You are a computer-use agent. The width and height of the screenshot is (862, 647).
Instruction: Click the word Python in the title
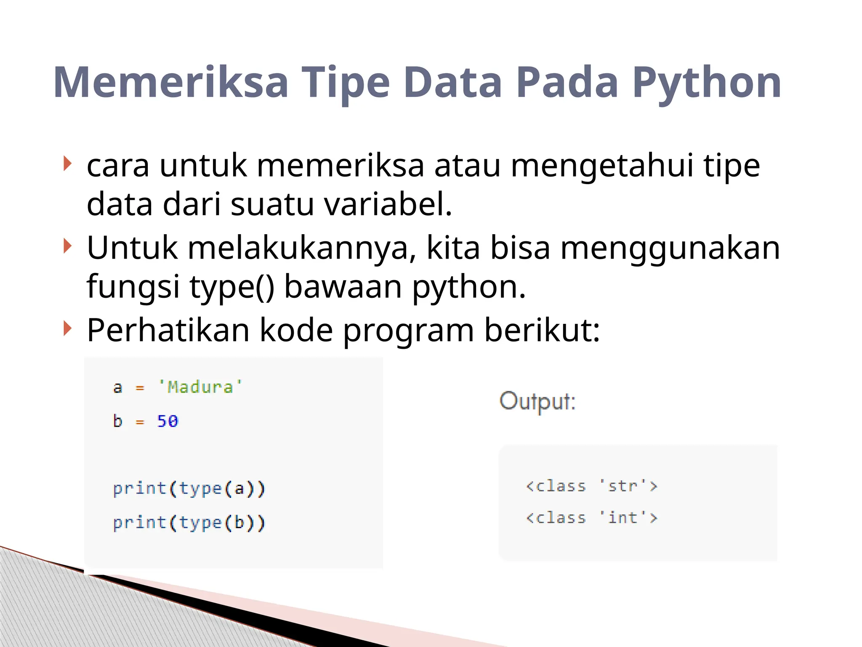(x=707, y=83)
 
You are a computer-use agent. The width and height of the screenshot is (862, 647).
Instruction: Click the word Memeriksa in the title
(x=170, y=83)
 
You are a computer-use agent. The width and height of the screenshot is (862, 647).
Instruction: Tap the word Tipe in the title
(x=346, y=83)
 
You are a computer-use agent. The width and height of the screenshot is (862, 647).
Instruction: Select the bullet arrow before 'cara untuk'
(x=67, y=163)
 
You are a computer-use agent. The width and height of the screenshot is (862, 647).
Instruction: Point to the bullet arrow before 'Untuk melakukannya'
(x=67, y=246)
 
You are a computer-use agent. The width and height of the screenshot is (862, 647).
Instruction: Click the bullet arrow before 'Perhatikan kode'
(x=67, y=328)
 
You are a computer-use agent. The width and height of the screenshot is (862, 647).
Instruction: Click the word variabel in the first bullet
(x=388, y=204)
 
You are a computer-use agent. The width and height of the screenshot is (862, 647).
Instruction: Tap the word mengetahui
(x=602, y=166)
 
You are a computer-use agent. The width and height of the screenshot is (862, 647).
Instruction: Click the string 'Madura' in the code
(x=200, y=387)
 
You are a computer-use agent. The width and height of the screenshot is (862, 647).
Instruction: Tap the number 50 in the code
(x=168, y=421)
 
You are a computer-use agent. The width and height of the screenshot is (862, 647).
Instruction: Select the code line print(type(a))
(x=189, y=489)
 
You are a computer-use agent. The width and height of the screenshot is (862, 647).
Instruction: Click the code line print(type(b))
(x=189, y=523)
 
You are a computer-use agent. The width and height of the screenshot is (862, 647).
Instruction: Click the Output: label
(x=537, y=401)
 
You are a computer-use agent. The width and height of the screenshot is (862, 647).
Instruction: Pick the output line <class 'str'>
(x=591, y=486)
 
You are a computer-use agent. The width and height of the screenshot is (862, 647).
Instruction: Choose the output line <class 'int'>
(x=591, y=518)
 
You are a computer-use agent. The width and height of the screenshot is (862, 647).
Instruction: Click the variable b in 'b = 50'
(x=117, y=421)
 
